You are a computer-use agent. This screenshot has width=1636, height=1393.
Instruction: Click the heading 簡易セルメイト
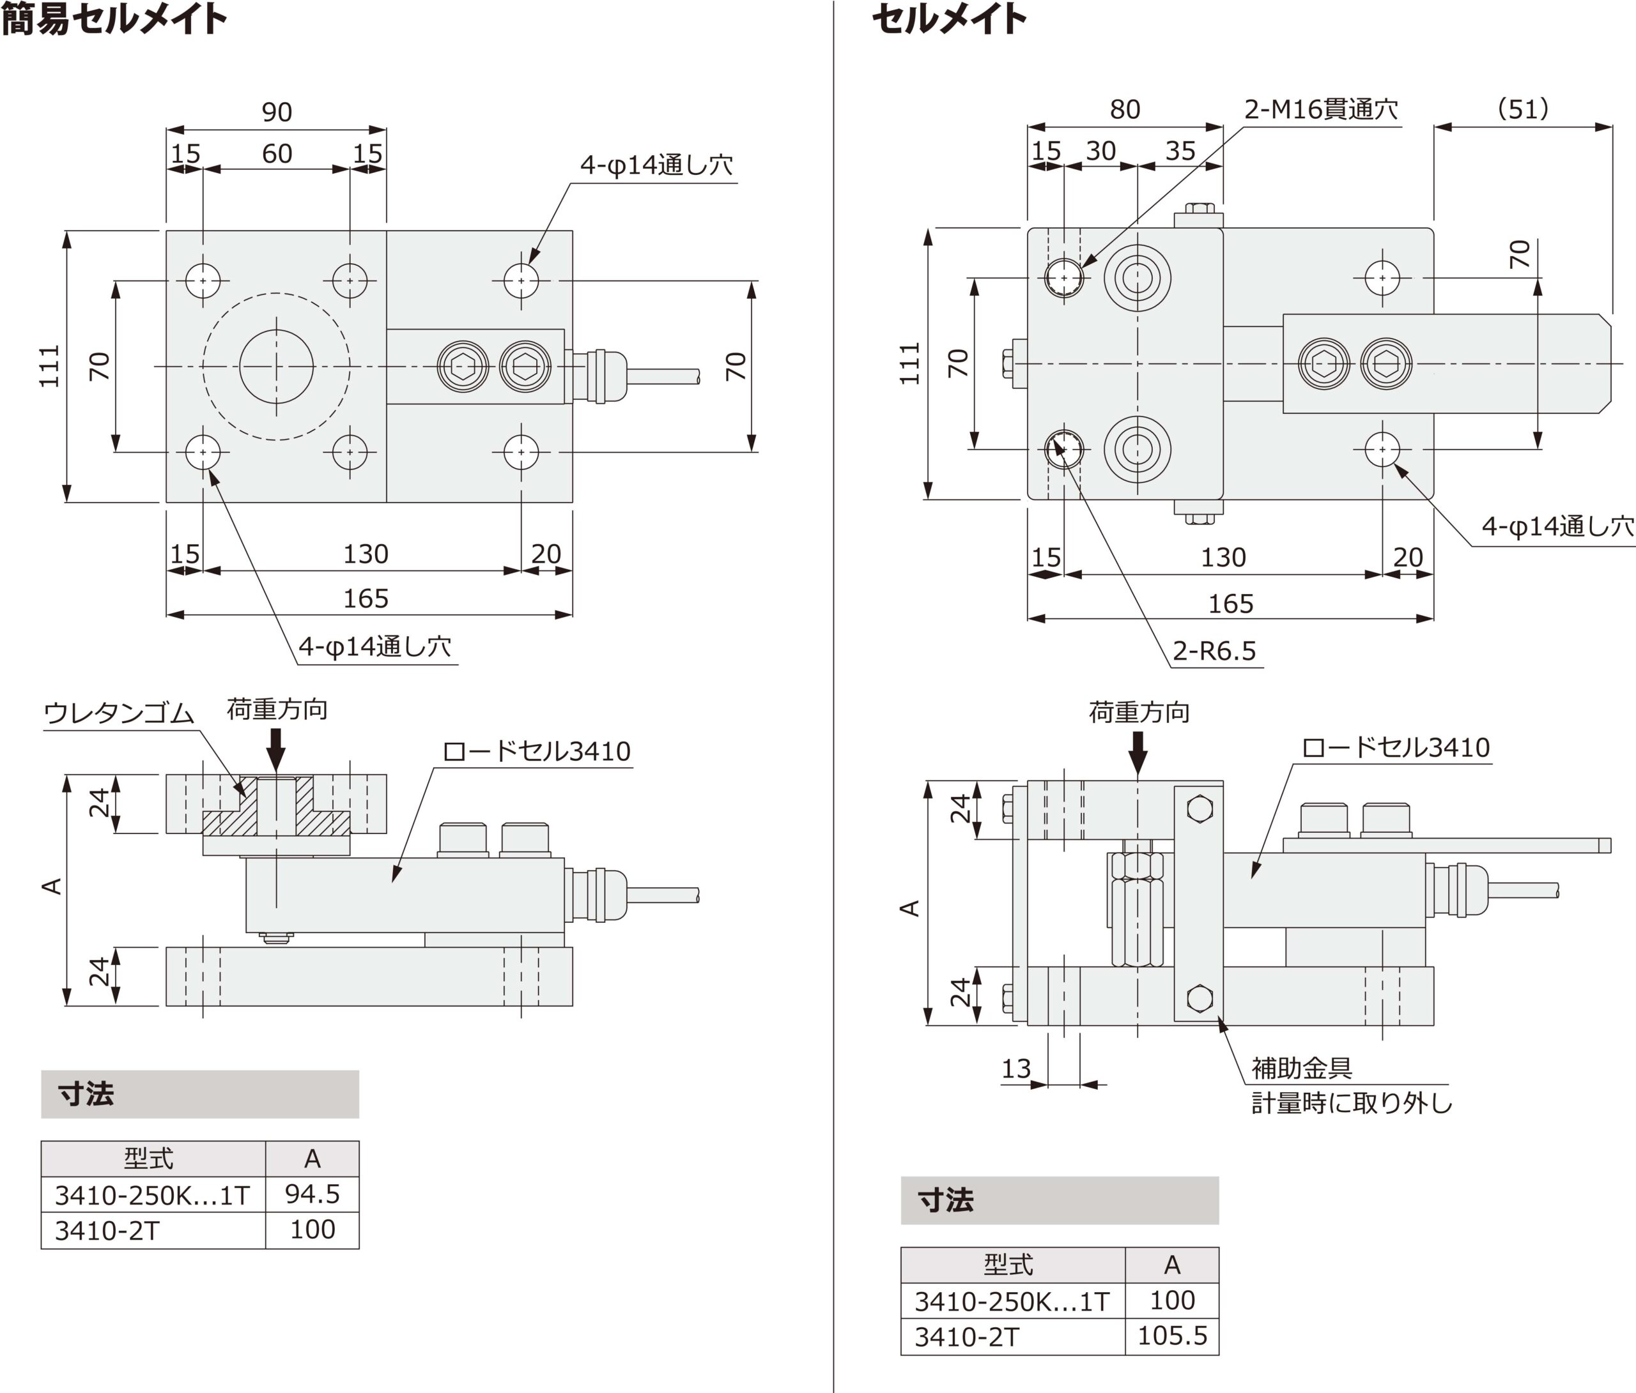click(114, 19)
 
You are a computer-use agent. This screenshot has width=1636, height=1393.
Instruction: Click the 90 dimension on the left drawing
click(276, 112)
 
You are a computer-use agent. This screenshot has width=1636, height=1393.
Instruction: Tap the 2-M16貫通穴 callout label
click(1320, 109)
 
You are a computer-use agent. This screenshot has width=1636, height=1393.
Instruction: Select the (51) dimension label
click(1522, 109)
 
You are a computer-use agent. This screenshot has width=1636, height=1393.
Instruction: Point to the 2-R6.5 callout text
click(1214, 651)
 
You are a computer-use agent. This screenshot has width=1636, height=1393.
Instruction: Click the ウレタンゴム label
click(118, 713)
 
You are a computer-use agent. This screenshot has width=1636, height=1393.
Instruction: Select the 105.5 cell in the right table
click(1172, 1336)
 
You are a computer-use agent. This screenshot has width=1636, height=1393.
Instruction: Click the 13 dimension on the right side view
click(1015, 1069)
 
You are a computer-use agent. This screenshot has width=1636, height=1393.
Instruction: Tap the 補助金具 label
click(1301, 1068)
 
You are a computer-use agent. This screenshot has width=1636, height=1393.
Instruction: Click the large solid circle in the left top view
click(276, 366)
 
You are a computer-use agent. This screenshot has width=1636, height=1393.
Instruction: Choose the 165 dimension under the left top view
click(366, 598)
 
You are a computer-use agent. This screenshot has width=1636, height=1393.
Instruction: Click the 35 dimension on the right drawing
click(1180, 151)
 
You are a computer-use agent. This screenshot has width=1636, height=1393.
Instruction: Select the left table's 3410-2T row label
click(107, 1230)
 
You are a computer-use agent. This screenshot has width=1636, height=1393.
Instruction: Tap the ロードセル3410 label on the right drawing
click(1395, 747)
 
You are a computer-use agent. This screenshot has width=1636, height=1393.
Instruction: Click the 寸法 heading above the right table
click(946, 1199)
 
